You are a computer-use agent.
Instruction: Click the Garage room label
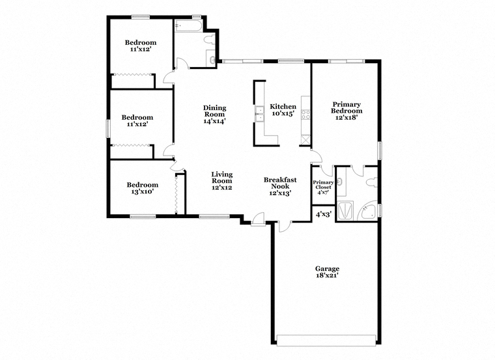327,269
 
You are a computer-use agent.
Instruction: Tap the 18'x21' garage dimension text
327,275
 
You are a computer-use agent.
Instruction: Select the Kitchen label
283,107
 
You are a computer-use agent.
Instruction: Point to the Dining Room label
215,111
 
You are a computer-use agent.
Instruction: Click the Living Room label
222,177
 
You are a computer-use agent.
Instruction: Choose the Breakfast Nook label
280,183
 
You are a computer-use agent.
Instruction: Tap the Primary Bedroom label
346,107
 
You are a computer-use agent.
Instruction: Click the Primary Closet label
323,185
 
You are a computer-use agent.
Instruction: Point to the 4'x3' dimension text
323,215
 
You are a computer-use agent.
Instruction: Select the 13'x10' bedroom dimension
142,191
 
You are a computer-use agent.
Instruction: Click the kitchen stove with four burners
305,114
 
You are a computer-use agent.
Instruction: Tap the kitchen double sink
259,113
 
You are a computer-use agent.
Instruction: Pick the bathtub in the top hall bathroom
188,25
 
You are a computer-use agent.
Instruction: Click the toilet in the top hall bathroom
210,40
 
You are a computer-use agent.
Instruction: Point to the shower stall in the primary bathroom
345,210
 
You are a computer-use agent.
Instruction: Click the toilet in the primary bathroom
372,183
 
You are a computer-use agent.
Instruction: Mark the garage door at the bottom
326,339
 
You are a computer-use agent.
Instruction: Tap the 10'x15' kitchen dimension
283,113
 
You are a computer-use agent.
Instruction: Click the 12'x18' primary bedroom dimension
346,117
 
